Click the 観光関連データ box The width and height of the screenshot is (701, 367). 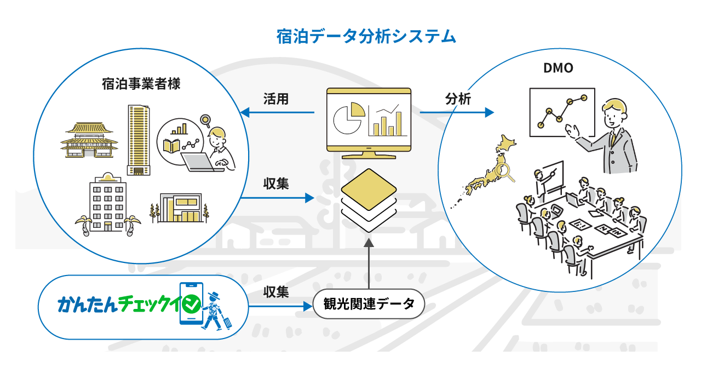(369, 303)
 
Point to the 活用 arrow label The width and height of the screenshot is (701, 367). (275, 99)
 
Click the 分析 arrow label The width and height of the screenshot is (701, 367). (458, 99)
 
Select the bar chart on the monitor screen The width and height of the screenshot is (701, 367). (388, 121)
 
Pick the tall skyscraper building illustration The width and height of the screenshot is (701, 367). (139, 140)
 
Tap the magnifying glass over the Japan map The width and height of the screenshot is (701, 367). (503, 172)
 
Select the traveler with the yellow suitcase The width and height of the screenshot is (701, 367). (215, 312)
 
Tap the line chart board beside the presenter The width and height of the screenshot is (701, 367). (562, 112)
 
